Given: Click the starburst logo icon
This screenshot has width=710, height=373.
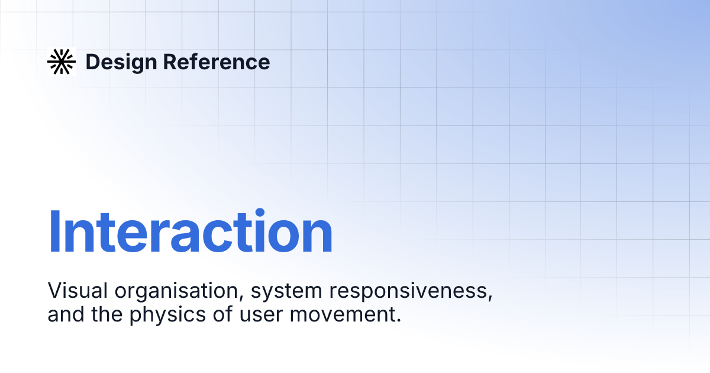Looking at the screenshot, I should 62,62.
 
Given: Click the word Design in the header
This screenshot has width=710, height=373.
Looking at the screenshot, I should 121,62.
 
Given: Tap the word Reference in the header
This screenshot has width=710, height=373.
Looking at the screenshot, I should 216,62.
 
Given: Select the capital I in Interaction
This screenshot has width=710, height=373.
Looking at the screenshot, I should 54,232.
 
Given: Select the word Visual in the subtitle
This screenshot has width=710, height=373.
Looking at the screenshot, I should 79,291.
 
